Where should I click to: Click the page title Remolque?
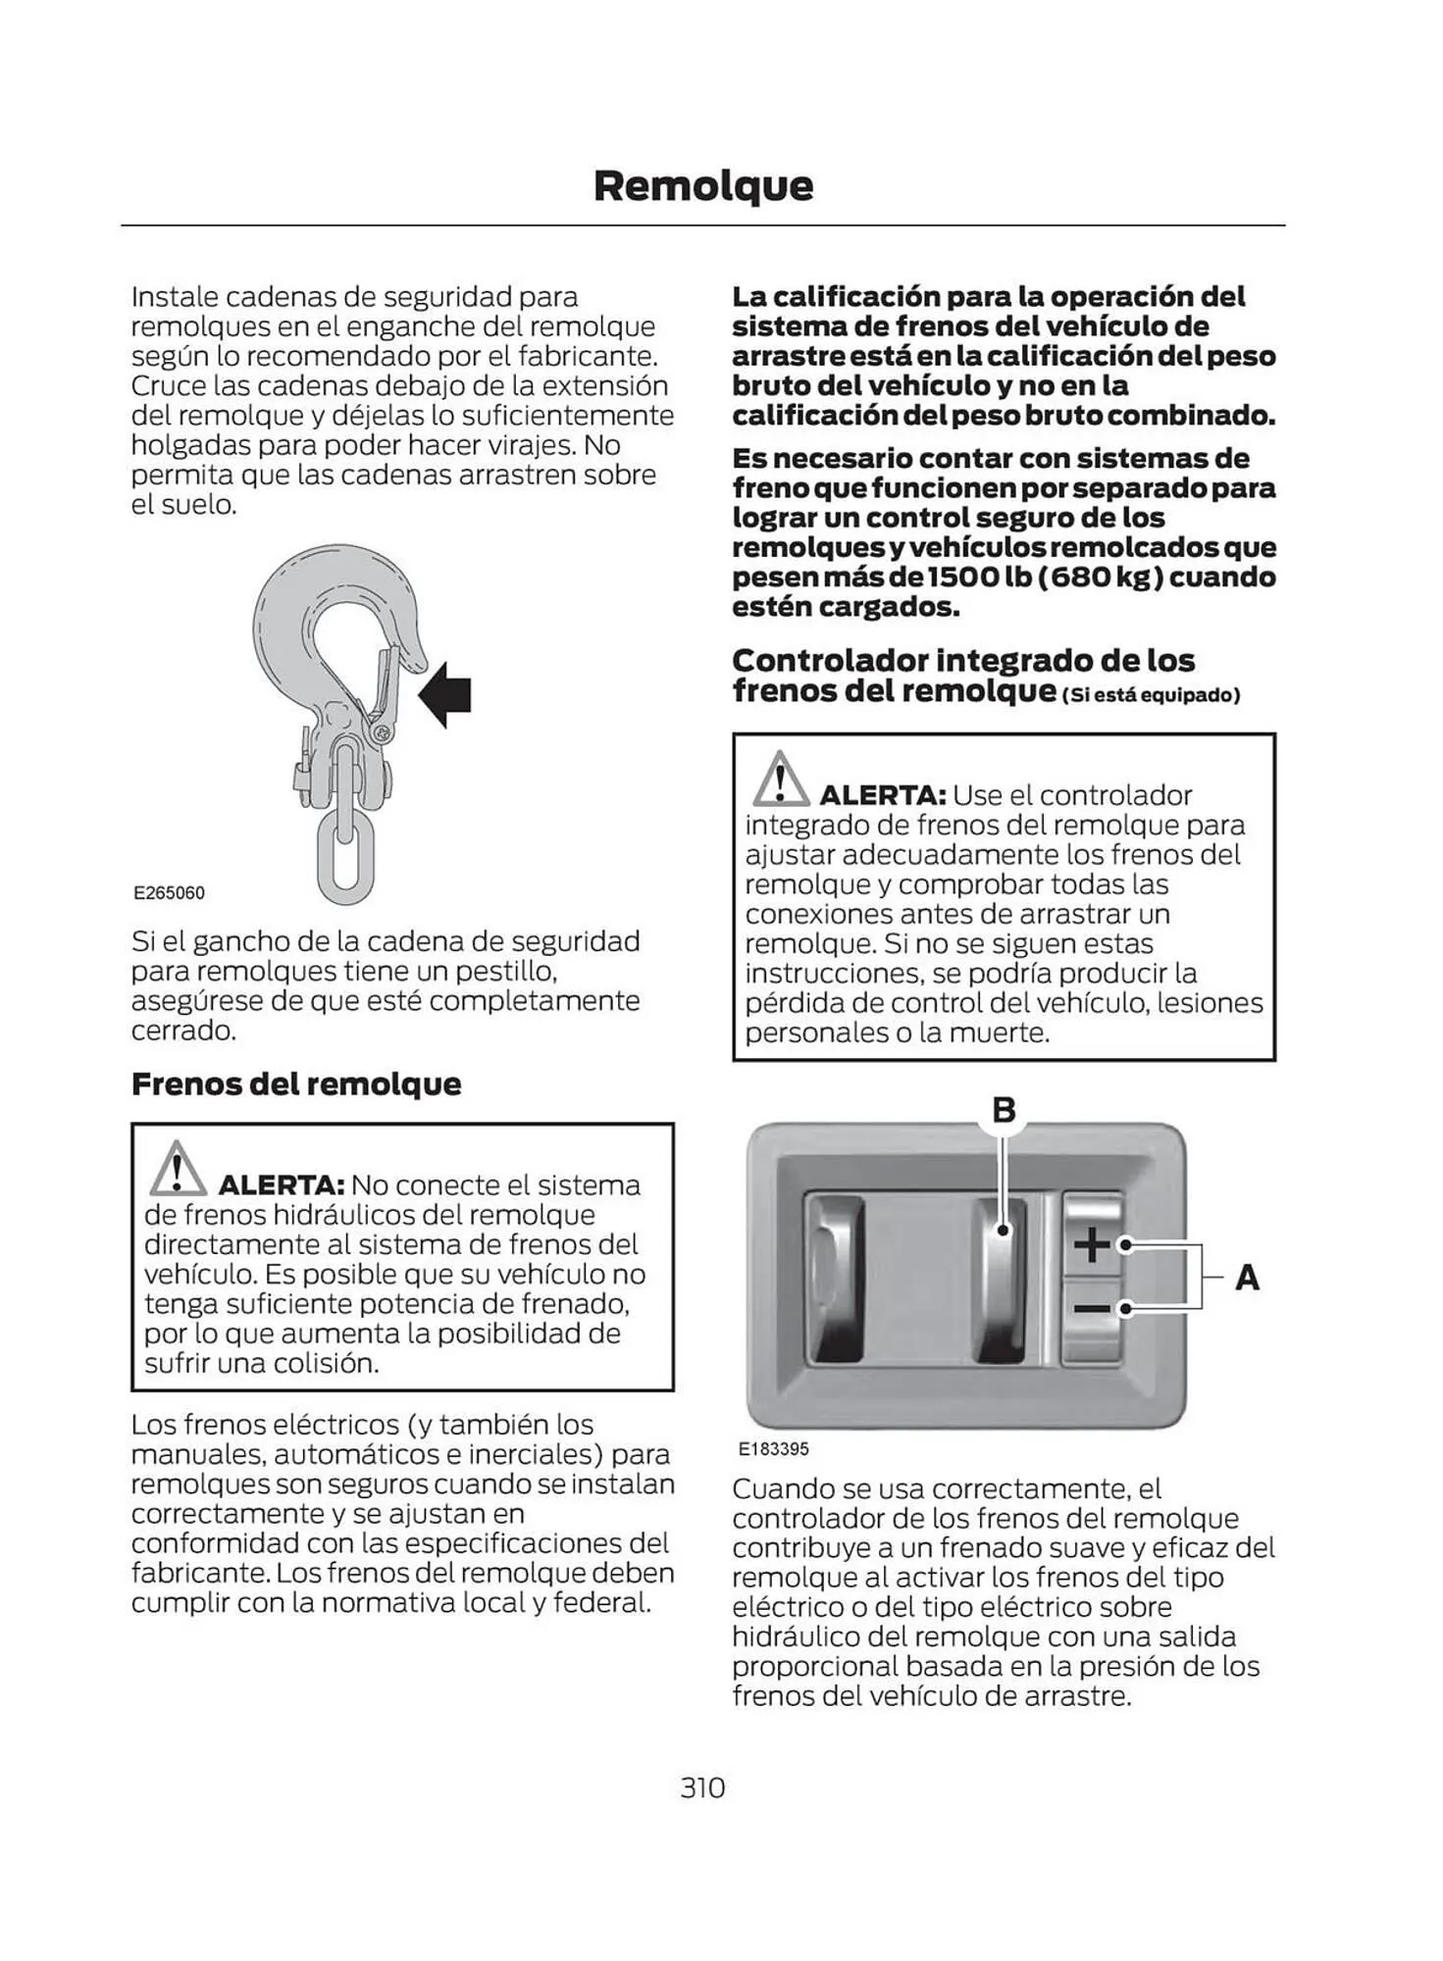[702, 185]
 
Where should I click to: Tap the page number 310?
[702, 1787]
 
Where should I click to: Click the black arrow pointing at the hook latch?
[445, 694]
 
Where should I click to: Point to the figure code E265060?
[169, 892]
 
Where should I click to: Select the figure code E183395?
[773, 1448]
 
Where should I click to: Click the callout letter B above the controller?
[1004, 1110]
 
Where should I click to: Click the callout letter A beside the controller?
[1247, 1278]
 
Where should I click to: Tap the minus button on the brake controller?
[1091, 1309]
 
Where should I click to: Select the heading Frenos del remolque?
[296, 1083]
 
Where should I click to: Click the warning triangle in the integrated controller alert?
[780, 780]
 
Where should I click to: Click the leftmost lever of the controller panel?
[837, 1278]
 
